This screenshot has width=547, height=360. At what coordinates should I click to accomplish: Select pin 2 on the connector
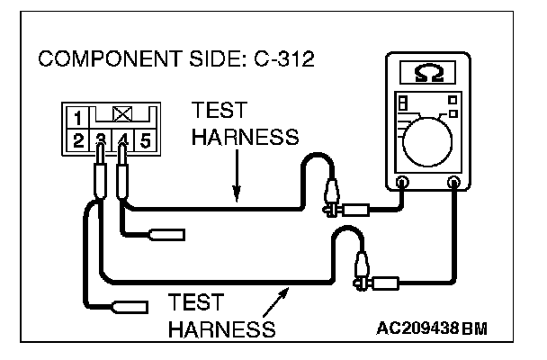tap(78, 139)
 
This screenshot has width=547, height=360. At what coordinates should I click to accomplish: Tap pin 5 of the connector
tap(146, 139)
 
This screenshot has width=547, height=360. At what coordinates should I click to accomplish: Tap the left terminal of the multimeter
tap(402, 184)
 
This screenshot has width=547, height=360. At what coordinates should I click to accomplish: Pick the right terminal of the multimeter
tap(454, 184)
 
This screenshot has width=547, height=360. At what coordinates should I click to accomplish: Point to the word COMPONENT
tap(99, 61)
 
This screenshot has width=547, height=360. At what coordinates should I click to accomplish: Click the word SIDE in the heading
tap(196, 61)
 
